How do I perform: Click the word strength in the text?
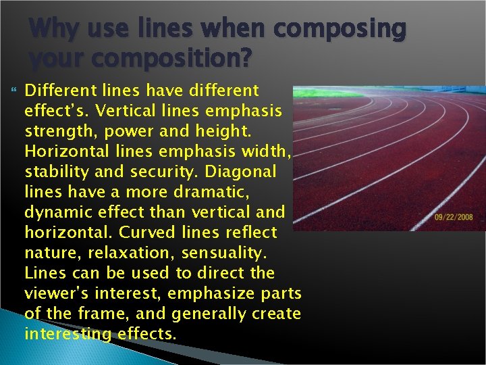[x=55, y=131]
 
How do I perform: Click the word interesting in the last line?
[x=65, y=334]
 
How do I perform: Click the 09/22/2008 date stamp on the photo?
[x=454, y=218]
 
